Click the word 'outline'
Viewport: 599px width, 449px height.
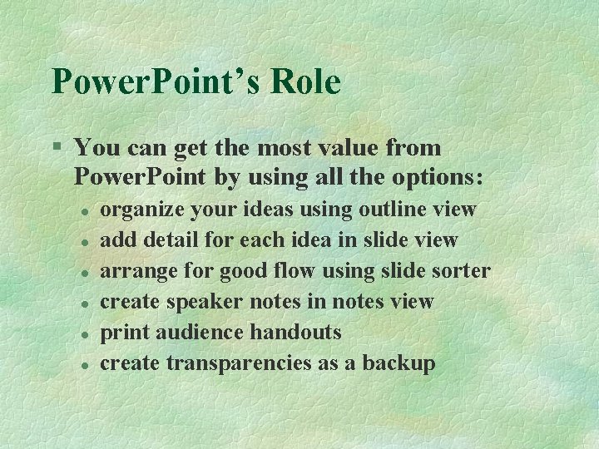tap(398, 210)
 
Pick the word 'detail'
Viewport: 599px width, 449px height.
tap(170, 240)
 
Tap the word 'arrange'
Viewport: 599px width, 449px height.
tap(136, 271)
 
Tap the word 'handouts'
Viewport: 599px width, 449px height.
tap(295, 333)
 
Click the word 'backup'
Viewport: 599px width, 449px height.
tap(398, 363)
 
